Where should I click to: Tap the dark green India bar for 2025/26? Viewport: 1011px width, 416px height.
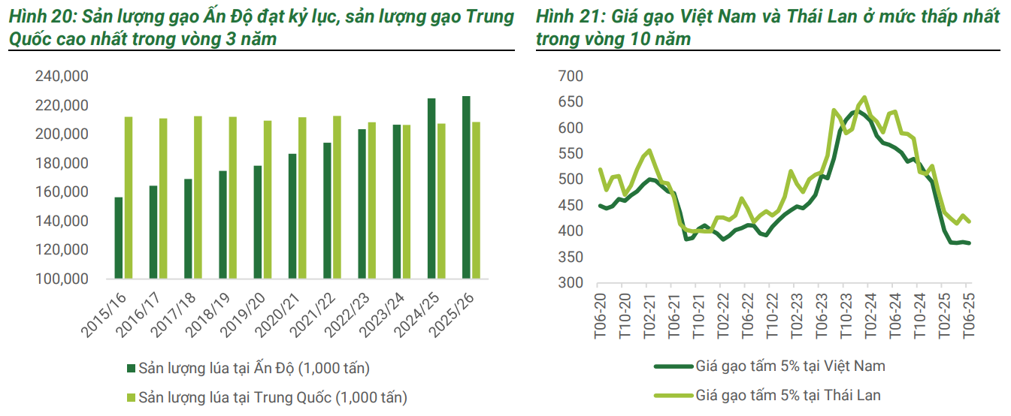[x=466, y=188]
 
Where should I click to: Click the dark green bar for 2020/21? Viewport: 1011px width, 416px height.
[x=292, y=216]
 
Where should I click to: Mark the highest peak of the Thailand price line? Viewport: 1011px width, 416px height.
[x=865, y=97]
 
